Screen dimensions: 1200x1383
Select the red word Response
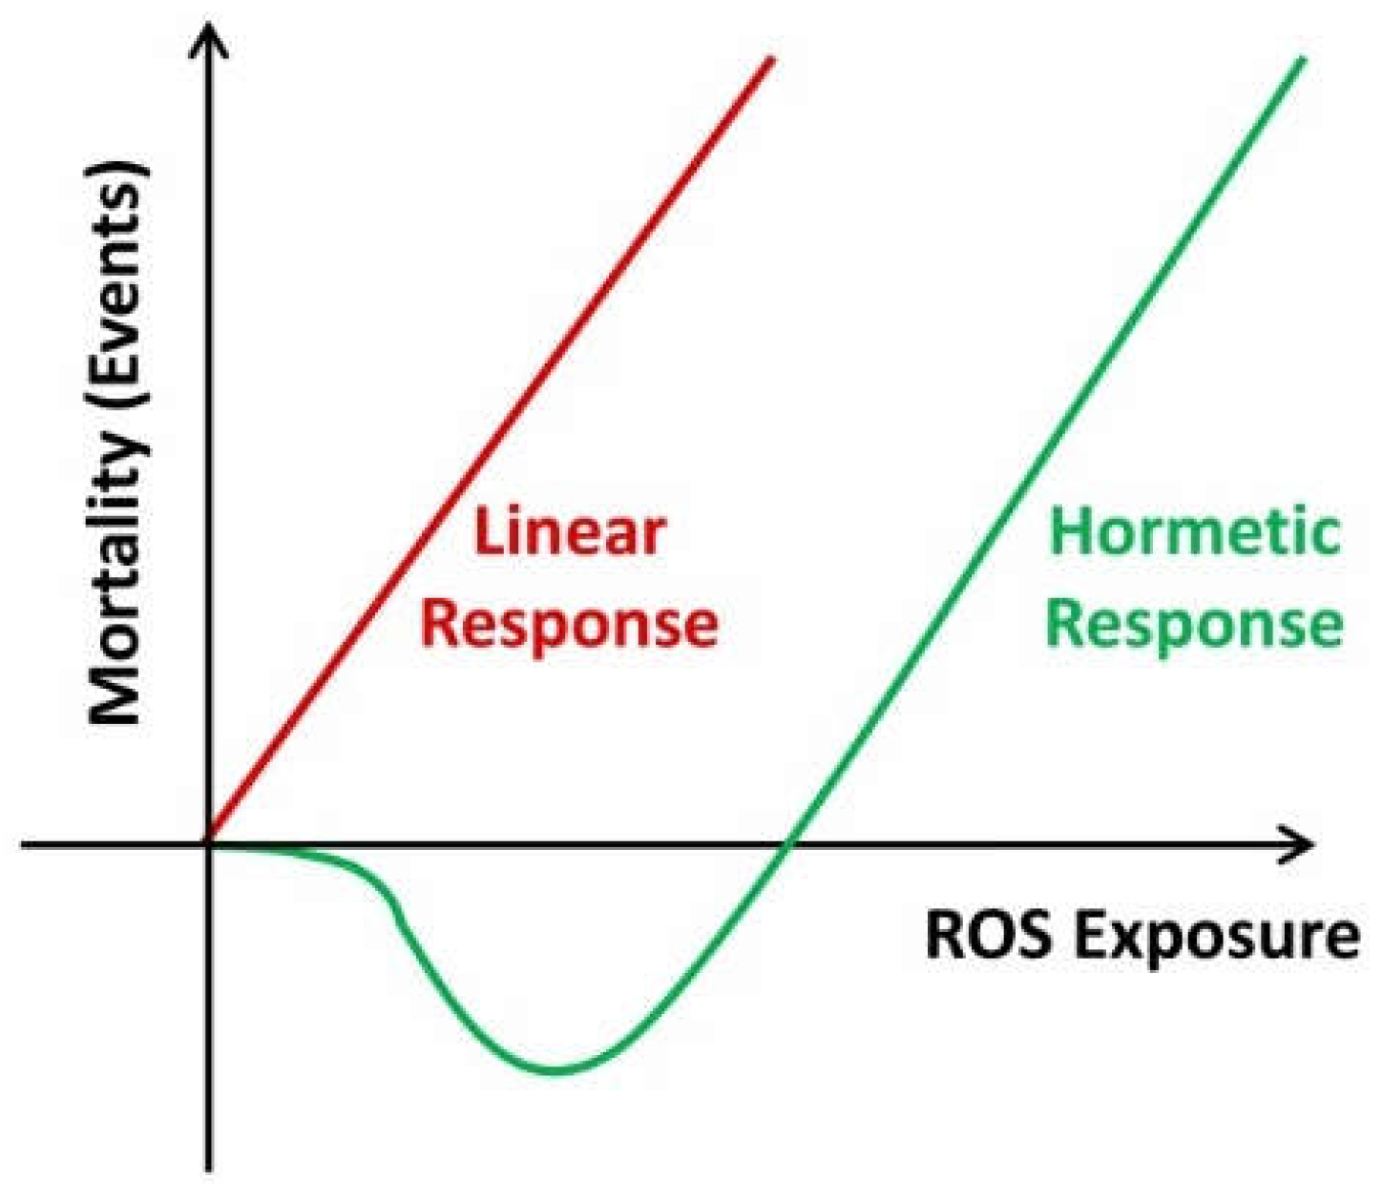(x=570, y=624)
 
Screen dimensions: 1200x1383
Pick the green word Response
(x=1194, y=625)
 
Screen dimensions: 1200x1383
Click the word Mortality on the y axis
(x=118, y=583)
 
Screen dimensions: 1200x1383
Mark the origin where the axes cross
(x=208, y=844)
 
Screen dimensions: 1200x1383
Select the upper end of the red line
(x=770, y=59)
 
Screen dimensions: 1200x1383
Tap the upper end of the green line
(x=1302, y=59)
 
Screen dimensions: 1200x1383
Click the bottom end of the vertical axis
(x=208, y=1168)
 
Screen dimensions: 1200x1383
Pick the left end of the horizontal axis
(x=24, y=844)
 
